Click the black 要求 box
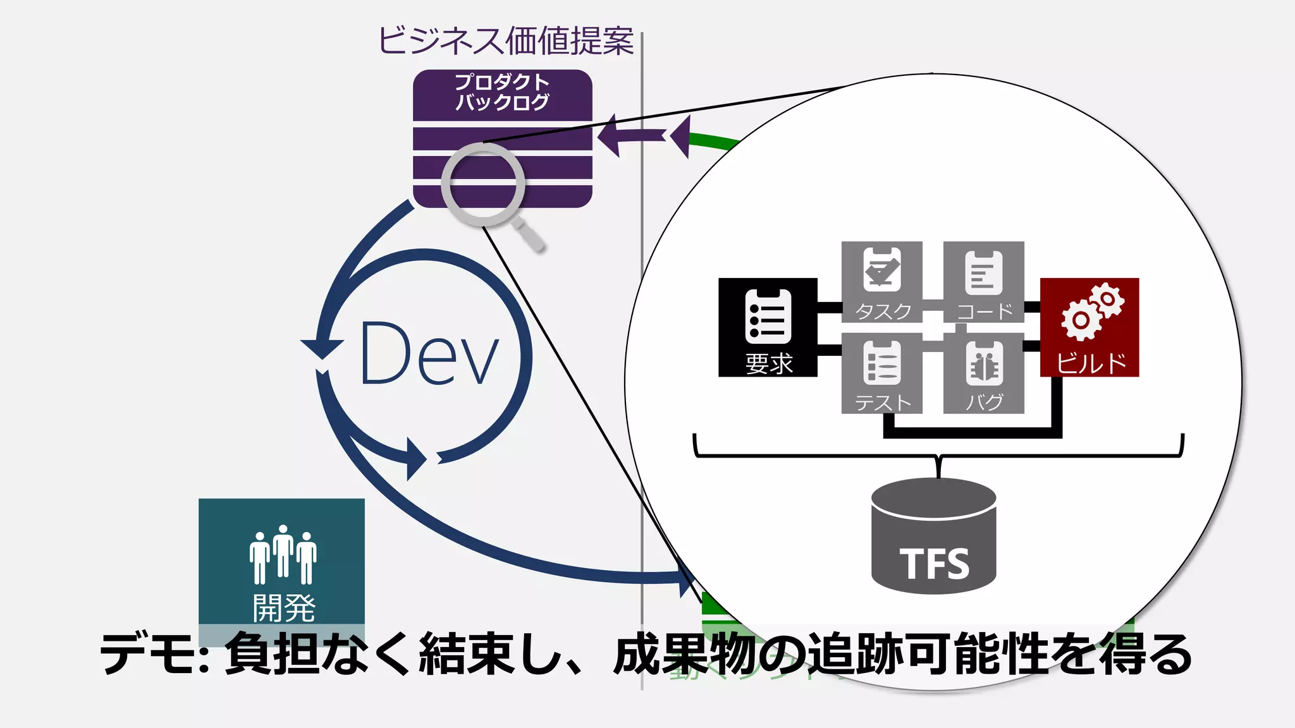(767, 327)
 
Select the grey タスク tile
(881, 282)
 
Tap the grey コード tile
(983, 282)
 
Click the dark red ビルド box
(1089, 327)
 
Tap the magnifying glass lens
(483, 184)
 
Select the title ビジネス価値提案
(505, 41)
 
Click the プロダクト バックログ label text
(502, 92)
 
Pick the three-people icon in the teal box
(283, 554)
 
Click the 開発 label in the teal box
(283, 608)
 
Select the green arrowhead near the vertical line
(680, 136)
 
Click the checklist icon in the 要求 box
(768, 315)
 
